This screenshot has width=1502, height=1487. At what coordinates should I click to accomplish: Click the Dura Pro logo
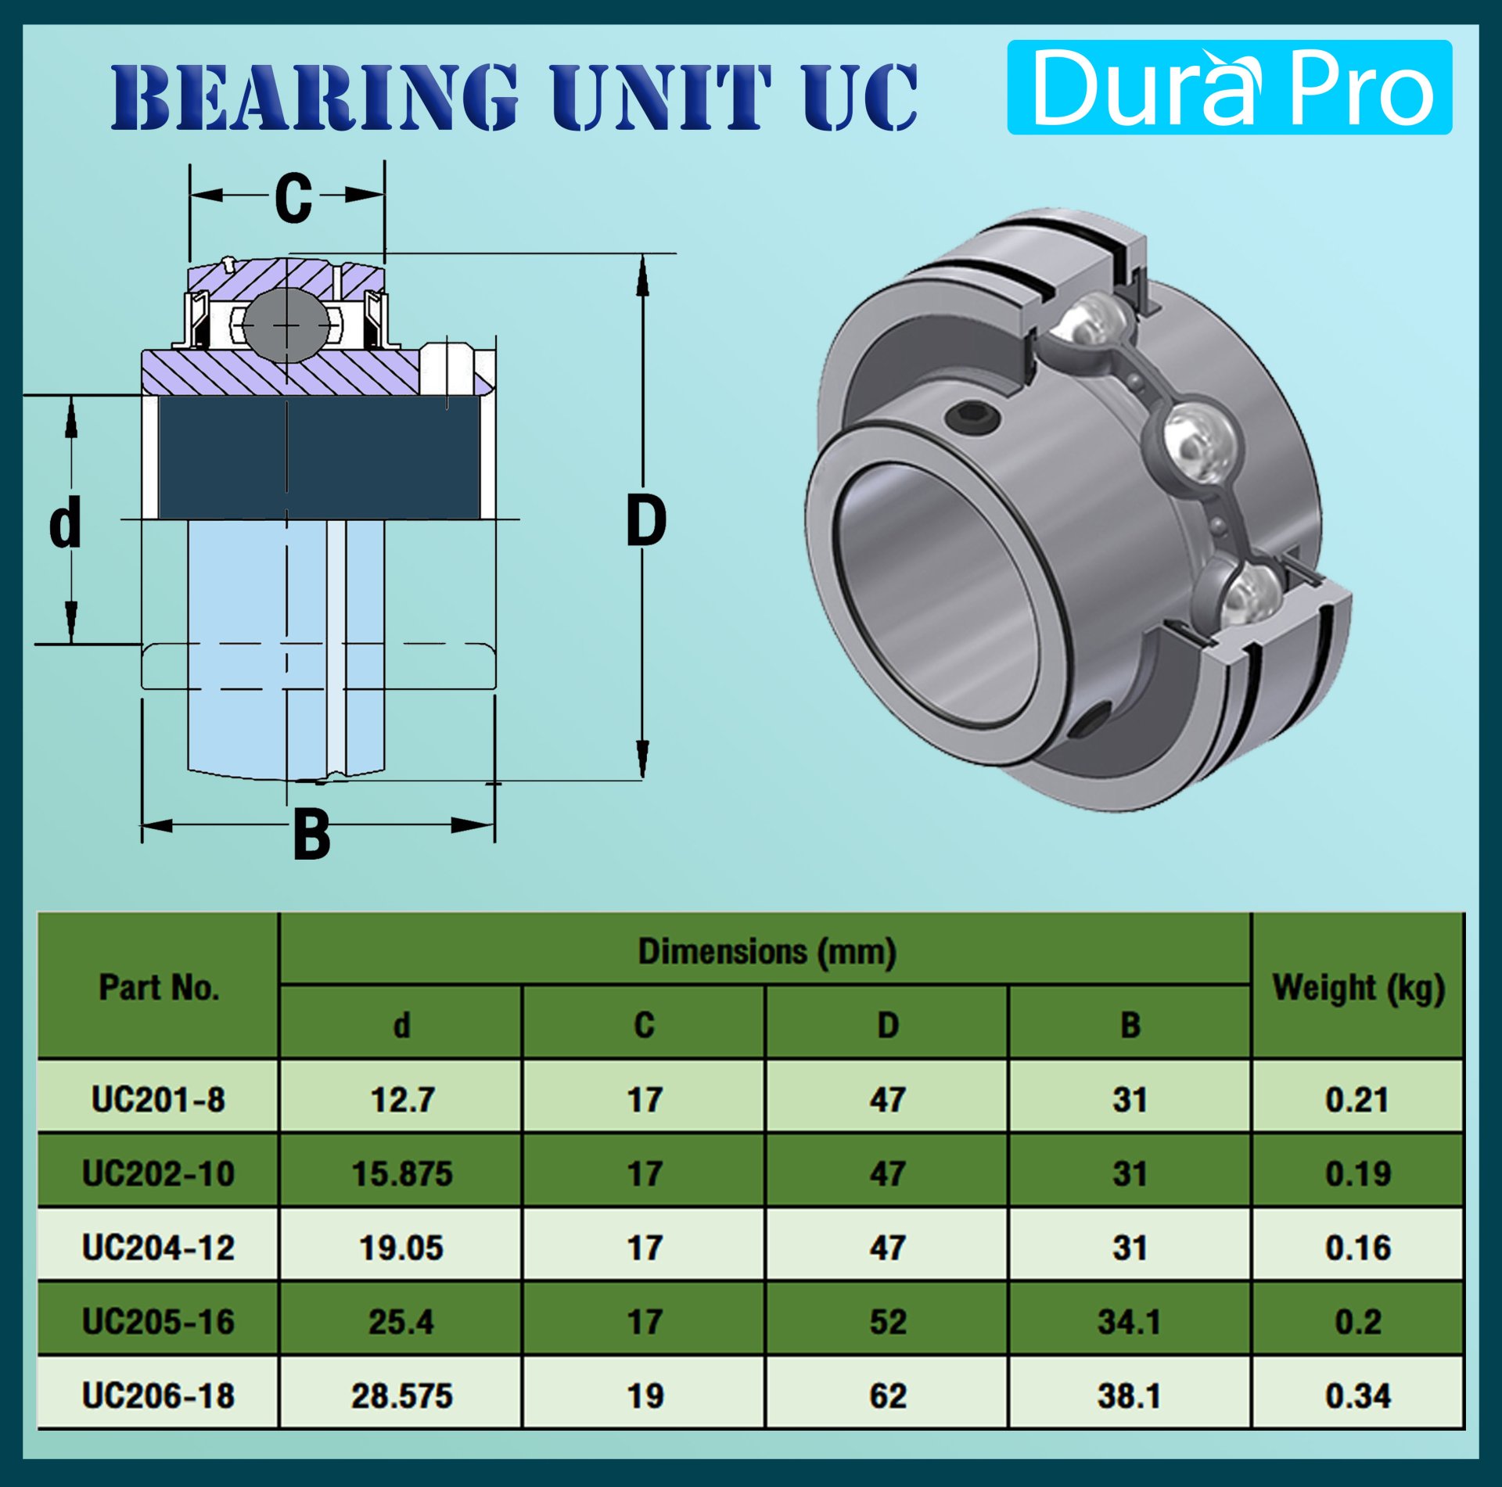point(1229,88)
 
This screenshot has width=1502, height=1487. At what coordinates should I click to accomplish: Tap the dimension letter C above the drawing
point(293,197)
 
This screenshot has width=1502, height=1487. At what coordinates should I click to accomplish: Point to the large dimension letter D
point(645,522)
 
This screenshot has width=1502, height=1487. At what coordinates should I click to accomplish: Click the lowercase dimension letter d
point(65,522)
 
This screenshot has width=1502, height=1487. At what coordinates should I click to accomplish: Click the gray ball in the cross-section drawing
point(286,325)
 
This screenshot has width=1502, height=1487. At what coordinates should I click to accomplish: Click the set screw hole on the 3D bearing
point(972,417)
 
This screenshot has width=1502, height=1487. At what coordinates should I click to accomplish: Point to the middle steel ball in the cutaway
point(1198,444)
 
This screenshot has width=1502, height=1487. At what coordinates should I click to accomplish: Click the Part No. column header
point(159,987)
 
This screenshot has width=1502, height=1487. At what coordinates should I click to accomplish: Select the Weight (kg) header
point(1357,987)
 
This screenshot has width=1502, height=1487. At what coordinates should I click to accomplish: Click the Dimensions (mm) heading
point(766,951)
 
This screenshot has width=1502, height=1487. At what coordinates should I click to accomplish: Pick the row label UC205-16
point(159,1322)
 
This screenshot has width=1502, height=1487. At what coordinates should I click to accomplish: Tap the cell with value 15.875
point(401,1174)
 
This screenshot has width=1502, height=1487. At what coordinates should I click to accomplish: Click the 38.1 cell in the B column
point(1129,1396)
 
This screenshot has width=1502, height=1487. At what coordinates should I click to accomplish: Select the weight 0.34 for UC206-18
point(1357,1396)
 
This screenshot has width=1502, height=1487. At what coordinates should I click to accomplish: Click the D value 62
point(887,1396)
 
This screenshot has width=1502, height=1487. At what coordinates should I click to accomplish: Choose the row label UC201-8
point(159,1100)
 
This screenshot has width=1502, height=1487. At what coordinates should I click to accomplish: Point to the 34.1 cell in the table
point(1129,1322)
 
